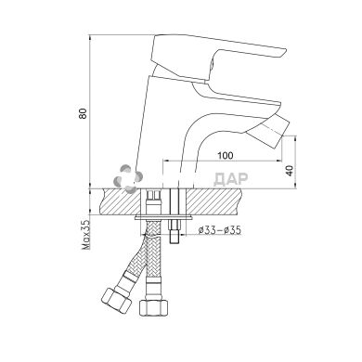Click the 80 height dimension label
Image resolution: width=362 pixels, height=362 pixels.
pos(83,113)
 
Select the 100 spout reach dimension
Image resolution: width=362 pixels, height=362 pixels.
pos(225,155)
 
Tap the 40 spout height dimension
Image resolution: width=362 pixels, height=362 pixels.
pos(290,171)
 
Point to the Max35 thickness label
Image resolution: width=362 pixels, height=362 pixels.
pos(85,234)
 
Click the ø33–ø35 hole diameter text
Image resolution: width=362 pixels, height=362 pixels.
pos(219,230)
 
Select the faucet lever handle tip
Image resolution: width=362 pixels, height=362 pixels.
pos(282,53)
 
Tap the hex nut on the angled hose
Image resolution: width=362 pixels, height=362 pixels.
pos(116,300)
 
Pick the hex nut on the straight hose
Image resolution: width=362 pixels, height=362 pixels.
pos(153,306)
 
